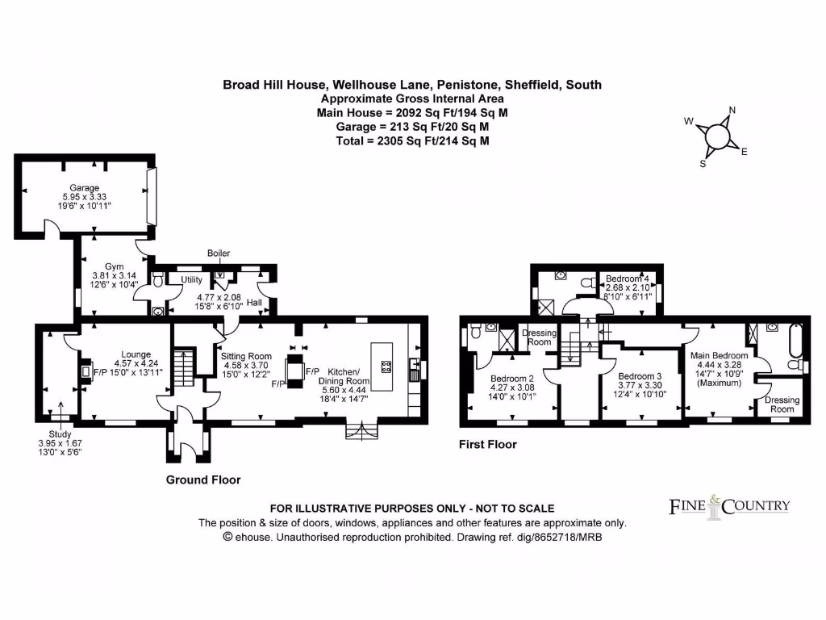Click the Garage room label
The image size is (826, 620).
pyautogui.click(x=84, y=187)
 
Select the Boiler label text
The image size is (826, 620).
pyautogui.click(x=218, y=253)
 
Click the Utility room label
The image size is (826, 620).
pyautogui.click(x=192, y=279)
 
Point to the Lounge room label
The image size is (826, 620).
pyautogui.click(x=136, y=354)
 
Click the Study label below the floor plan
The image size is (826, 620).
pyautogui.click(x=60, y=434)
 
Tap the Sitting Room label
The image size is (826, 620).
pyautogui.click(x=247, y=355)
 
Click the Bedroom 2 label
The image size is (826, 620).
pyautogui.click(x=513, y=379)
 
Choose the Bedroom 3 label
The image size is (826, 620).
pyautogui.click(x=640, y=376)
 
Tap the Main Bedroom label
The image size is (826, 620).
pyautogui.click(x=719, y=355)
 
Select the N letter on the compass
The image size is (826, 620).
pyautogui.click(x=732, y=111)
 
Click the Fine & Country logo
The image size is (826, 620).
pyautogui.click(x=729, y=505)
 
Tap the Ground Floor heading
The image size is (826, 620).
pyautogui.click(x=203, y=480)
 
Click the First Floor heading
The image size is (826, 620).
pyautogui.click(x=487, y=444)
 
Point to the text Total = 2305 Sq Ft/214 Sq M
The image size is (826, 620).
pyautogui.click(x=412, y=140)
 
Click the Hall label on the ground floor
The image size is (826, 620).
pyautogui.click(x=254, y=302)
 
